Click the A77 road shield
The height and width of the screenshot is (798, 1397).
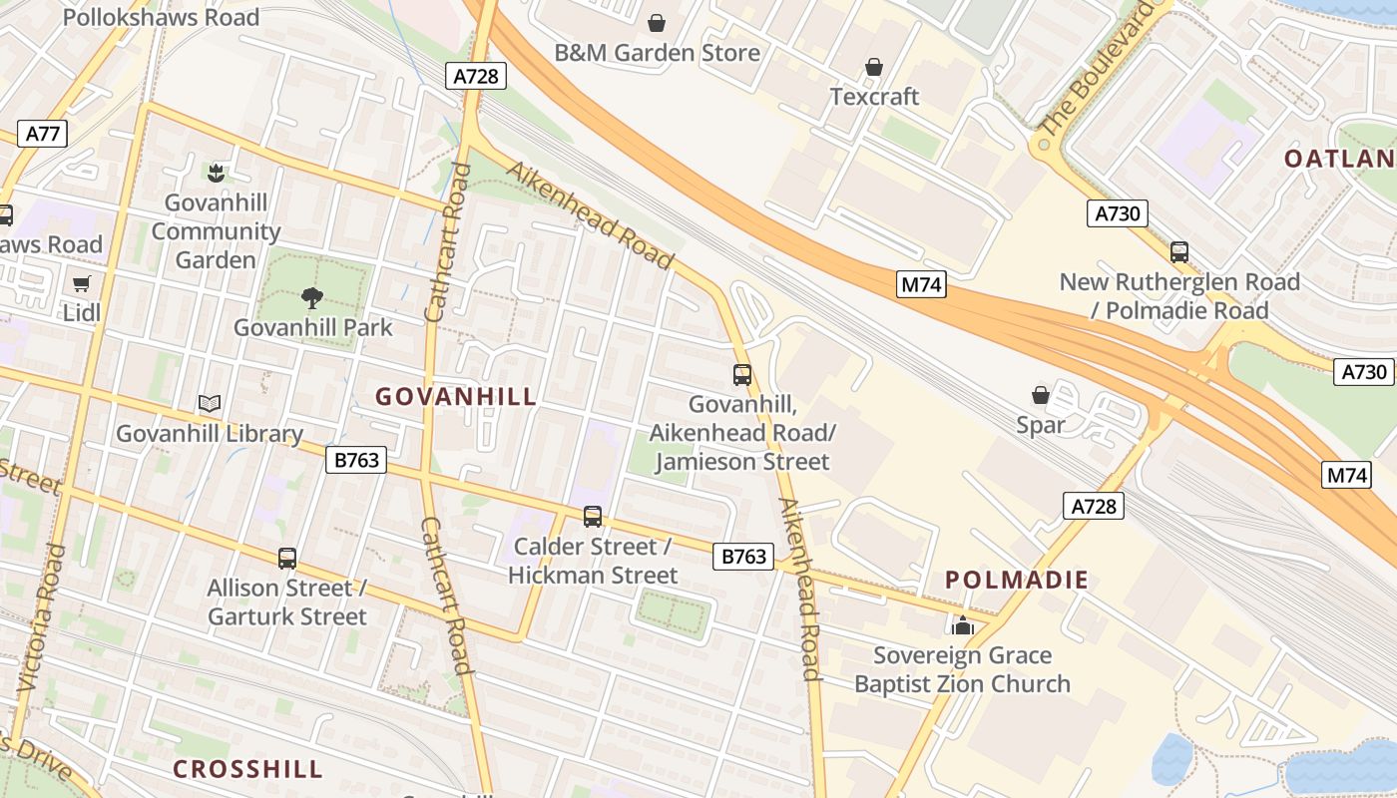point(42,134)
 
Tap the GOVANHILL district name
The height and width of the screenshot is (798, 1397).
point(456,397)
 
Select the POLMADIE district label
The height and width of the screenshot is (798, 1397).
point(1017,580)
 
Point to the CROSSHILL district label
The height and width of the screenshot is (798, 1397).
point(247,769)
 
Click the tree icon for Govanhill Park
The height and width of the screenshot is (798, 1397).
point(312,297)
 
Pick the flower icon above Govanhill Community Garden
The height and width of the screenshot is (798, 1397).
point(216,174)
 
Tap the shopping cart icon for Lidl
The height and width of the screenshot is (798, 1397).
point(82,283)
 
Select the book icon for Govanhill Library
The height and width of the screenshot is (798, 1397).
point(210,404)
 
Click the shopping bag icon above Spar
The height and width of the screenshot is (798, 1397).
point(1041,395)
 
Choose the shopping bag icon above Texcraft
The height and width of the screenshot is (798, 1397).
point(874,67)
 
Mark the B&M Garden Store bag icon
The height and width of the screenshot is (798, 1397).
point(657,22)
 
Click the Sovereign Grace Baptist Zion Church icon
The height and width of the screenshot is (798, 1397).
point(963,625)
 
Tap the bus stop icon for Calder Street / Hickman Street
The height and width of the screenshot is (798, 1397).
point(593,517)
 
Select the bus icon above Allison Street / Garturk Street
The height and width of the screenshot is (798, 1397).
point(287,559)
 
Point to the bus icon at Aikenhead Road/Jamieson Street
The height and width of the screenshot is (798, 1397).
point(742,375)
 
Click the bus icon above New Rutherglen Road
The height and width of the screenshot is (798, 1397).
point(1179,252)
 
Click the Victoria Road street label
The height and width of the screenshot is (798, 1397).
point(42,618)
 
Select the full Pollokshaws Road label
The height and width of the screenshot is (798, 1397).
point(161,17)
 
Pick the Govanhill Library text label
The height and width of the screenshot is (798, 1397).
point(210,434)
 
